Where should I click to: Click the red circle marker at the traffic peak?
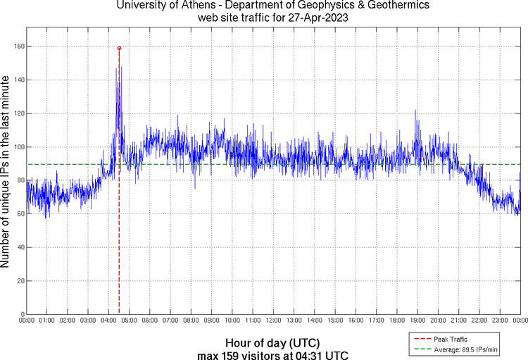pos(119,48)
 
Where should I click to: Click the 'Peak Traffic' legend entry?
pos(450,340)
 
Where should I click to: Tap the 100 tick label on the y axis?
pos(20,147)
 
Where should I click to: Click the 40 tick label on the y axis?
pos(21,247)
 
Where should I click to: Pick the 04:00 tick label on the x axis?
pos(108,321)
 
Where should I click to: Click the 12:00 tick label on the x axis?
pos(273,321)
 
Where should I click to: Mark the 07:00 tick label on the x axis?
pos(170,321)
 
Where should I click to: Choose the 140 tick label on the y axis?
pos(20,80)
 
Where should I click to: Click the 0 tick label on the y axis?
pos(23,314)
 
